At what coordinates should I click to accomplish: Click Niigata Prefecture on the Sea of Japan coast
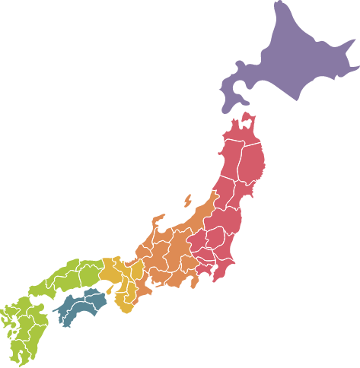[205, 216]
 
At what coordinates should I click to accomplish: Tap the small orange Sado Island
[187, 201]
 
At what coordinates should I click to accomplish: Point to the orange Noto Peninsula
[158, 224]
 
